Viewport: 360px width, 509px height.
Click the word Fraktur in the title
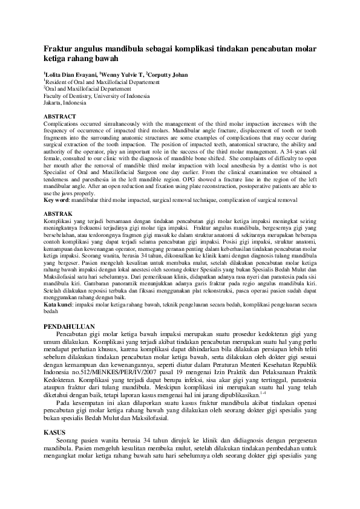coord(61,48)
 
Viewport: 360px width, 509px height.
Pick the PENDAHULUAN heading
coord(70,326)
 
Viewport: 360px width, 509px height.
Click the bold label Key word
coord(57,200)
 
